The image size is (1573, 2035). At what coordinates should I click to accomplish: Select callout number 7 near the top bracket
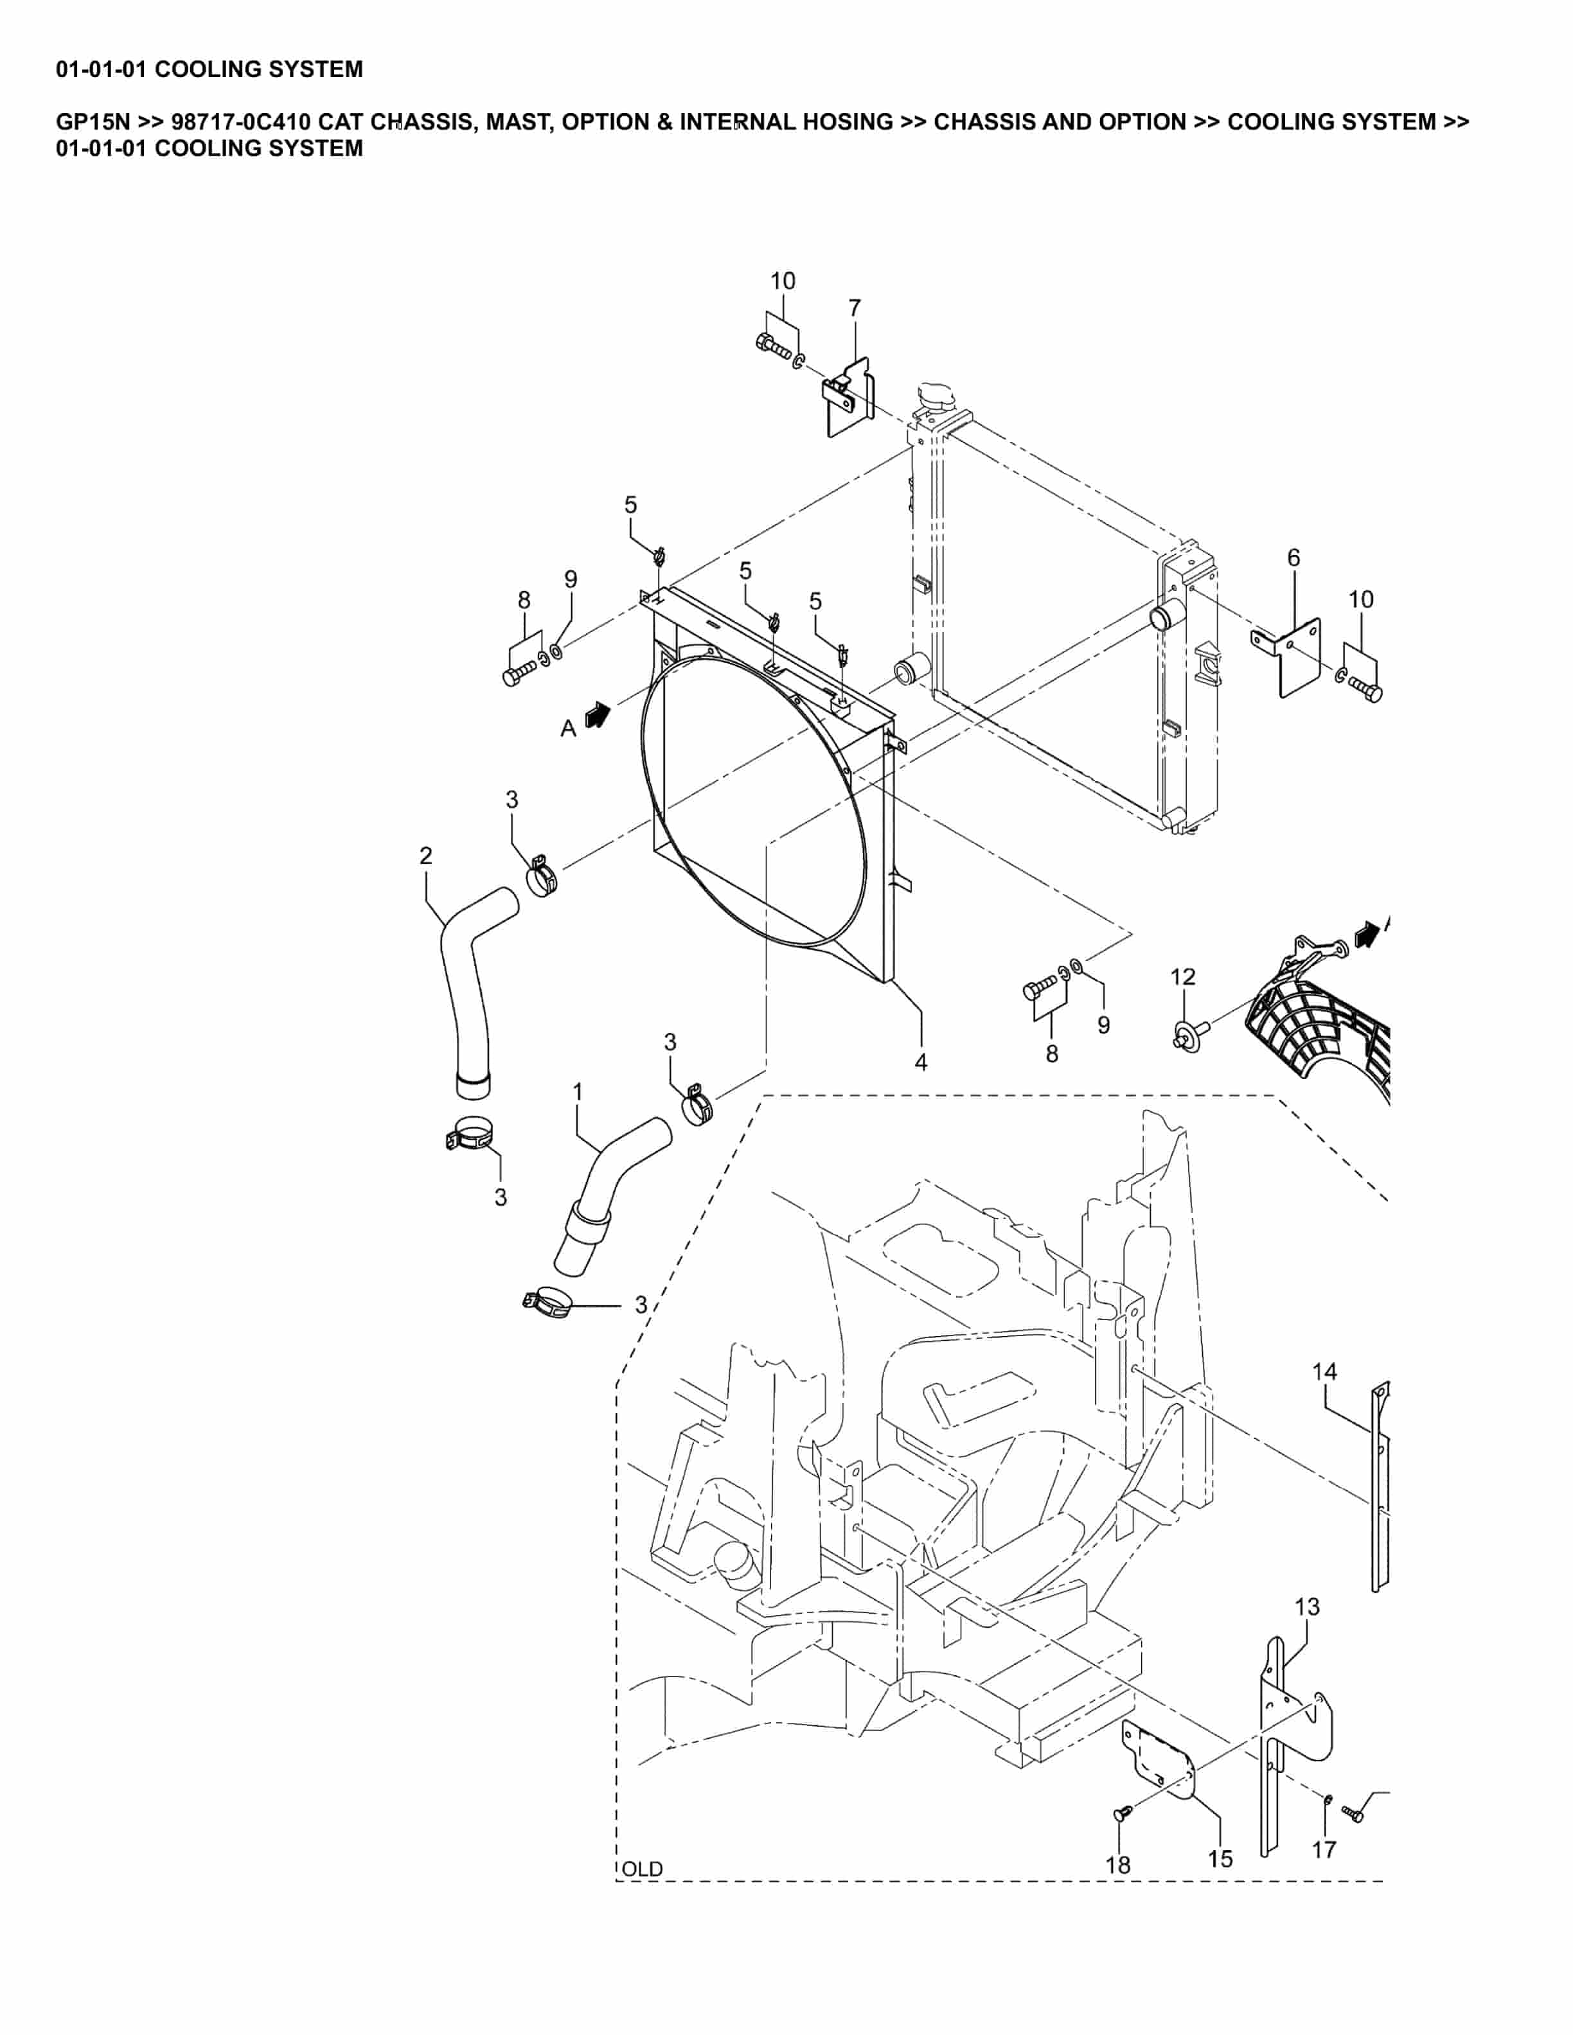[855, 308]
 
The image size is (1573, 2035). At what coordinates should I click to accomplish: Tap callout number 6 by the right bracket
[1293, 558]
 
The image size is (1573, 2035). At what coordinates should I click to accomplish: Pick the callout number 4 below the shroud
[921, 1062]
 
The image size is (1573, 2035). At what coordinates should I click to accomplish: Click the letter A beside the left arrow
[567, 728]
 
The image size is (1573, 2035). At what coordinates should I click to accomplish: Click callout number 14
[1324, 1371]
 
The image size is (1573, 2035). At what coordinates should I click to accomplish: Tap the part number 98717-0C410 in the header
[240, 122]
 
